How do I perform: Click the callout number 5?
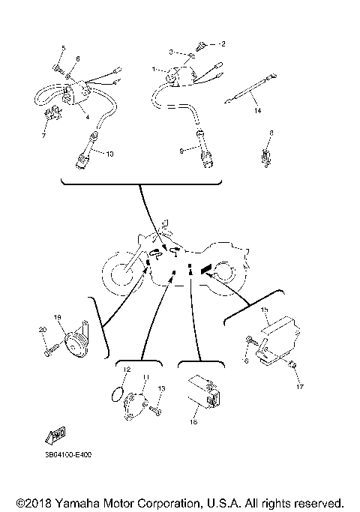tap(63, 49)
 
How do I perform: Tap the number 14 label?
tap(257, 111)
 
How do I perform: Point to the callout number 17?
tap(298, 388)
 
